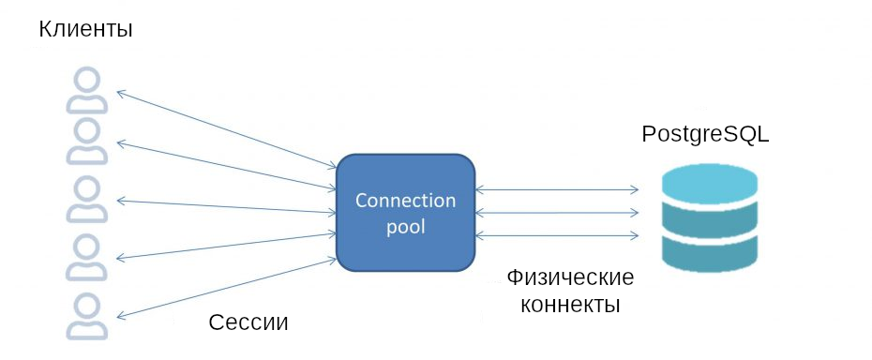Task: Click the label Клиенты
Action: (85, 29)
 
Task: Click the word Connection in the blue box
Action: (405, 201)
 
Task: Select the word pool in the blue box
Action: (405, 226)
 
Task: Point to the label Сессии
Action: (247, 322)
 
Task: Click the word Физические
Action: (570, 278)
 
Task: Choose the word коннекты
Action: (570, 305)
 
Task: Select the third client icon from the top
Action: (83, 201)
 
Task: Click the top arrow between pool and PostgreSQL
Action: (557, 190)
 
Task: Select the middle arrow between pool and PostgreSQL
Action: (557, 213)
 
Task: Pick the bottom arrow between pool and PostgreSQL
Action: (557, 233)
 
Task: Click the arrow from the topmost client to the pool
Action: (225, 129)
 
